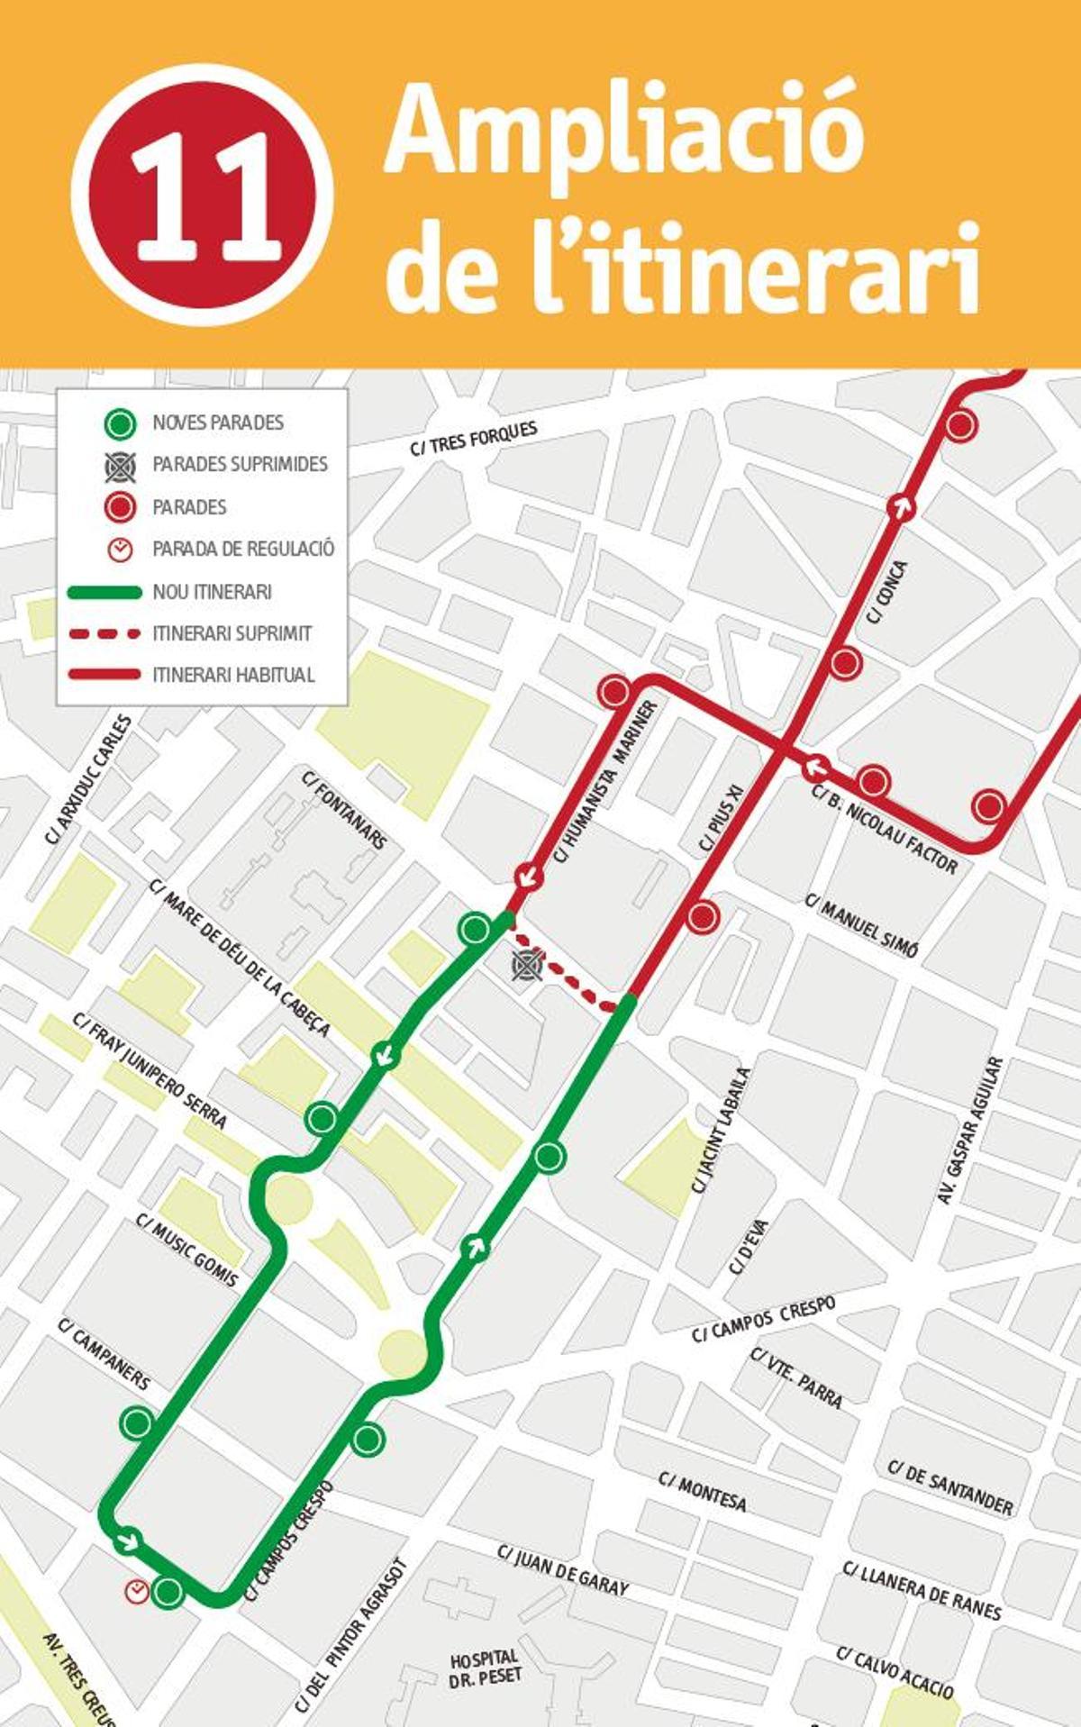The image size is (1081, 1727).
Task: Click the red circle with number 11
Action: [x=203, y=195]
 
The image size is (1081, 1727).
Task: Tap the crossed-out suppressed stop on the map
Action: [x=525, y=966]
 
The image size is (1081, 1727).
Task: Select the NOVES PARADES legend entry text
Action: [x=217, y=423]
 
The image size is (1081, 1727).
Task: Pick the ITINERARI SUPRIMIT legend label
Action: [x=232, y=633]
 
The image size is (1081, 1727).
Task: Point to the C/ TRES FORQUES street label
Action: [x=474, y=438]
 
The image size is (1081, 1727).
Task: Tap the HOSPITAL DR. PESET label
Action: [x=485, y=1668]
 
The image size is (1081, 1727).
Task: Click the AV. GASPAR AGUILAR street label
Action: [x=970, y=1131]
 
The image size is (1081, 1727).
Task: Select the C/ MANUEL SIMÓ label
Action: [x=862, y=925]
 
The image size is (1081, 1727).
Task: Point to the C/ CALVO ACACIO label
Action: [x=895, y=1672]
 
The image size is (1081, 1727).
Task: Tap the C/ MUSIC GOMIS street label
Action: [x=186, y=1250]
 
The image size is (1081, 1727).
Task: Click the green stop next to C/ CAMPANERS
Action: [x=137, y=1423]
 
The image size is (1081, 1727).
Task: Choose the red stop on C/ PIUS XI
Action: [x=703, y=917]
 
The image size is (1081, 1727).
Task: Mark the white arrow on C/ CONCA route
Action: [x=899, y=506]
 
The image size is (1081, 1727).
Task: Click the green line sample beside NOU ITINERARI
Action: [x=104, y=592]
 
